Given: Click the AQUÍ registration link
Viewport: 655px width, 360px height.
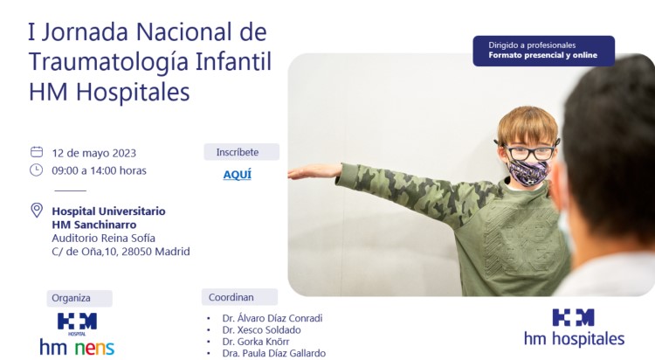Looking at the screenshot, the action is (x=238, y=175).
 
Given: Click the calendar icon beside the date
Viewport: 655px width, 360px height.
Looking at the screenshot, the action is (x=37, y=152).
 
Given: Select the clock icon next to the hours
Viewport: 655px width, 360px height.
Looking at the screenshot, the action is (x=37, y=170).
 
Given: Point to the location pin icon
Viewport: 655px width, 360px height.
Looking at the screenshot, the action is (x=37, y=210).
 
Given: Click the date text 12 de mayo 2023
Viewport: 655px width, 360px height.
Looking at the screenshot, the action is (x=94, y=153).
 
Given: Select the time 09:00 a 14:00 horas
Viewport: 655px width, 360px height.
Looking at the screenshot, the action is (x=99, y=170).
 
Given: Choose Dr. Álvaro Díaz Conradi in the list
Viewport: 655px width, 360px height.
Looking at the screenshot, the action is (x=272, y=318).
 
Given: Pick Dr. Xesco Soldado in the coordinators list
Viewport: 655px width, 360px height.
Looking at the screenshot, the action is (x=261, y=330).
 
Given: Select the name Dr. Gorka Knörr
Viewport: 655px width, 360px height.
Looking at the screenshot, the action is (x=256, y=342).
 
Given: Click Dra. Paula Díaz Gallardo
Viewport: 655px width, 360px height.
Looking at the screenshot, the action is (x=273, y=353).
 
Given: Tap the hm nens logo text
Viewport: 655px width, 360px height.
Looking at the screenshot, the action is (x=77, y=348).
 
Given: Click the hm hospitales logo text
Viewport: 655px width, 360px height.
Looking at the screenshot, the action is (x=575, y=338).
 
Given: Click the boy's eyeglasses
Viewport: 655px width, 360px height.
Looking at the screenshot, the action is (x=527, y=151).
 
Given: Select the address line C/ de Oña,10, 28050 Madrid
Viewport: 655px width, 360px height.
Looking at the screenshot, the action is (x=121, y=252).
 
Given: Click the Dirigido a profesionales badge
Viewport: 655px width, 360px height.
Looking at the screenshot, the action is (x=543, y=51).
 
